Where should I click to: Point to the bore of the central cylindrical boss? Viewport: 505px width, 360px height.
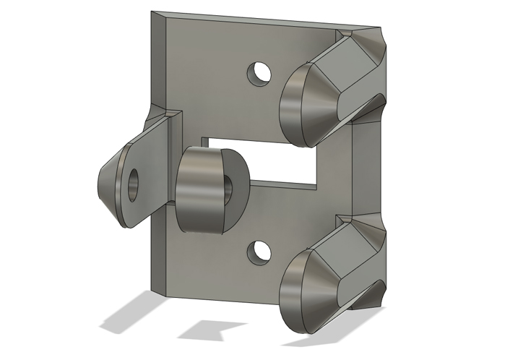point(230,190)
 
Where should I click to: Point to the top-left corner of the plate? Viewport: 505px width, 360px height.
point(152,13)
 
